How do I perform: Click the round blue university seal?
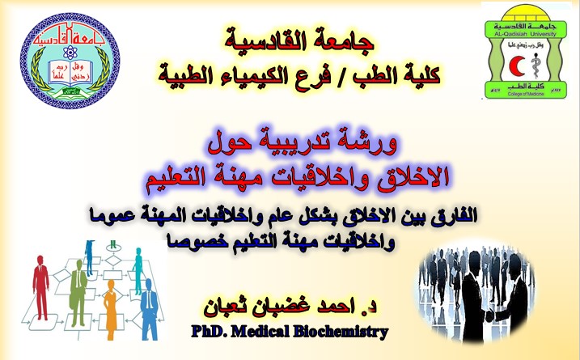click(x=70, y=61)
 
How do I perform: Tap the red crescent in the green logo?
click(x=516, y=66)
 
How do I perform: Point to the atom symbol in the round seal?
click(x=70, y=52)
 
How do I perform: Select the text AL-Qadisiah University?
click(x=525, y=34)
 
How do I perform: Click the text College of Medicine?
click(x=526, y=94)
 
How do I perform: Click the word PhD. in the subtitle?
click(x=209, y=332)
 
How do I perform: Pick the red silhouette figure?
click(x=41, y=287)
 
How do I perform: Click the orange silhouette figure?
click(x=111, y=309)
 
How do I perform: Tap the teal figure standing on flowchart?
click(x=138, y=271)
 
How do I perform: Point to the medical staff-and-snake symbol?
click(x=535, y=66)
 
